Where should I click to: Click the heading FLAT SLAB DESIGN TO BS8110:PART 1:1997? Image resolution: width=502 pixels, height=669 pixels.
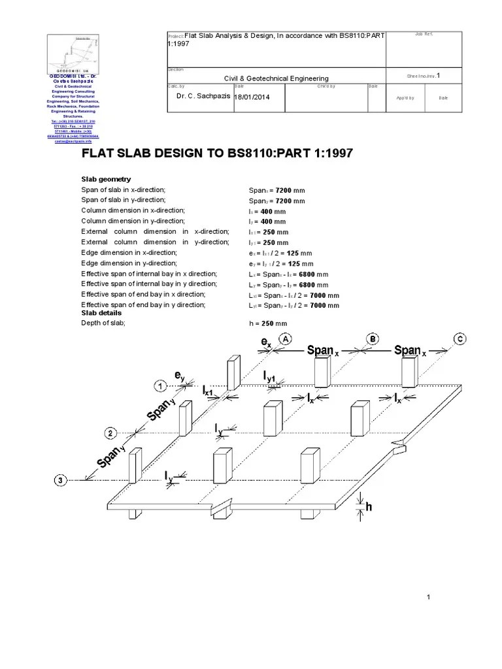[216, 154]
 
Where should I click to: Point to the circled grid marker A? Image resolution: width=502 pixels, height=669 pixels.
[284, 338]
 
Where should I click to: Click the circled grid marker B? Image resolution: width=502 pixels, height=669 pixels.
[371, 338]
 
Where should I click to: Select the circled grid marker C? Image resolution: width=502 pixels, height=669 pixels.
[460, 338]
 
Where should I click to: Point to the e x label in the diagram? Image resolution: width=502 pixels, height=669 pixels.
[266, 342]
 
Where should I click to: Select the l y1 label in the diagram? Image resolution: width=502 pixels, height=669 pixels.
[273, 376]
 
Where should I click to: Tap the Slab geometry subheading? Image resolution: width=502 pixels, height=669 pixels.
[106, 179]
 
